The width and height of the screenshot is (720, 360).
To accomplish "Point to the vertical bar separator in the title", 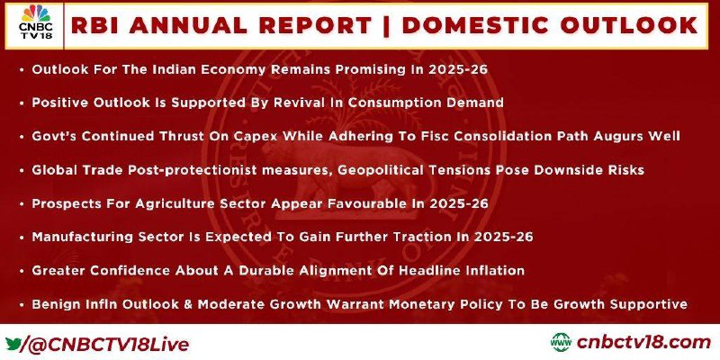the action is (x=386, y=25).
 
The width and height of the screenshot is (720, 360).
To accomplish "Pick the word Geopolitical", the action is (x=378, y=170).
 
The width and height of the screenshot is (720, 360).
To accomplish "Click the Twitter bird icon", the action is (x=13, y=344).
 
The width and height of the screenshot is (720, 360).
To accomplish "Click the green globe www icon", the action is (x=561, y=343).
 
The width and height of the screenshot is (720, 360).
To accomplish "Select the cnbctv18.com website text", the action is (x=643, y=343).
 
